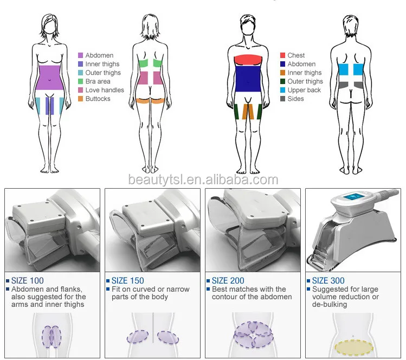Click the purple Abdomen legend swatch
[x=80, y=55]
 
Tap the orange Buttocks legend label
[x=98, y=99]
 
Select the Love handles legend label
[x=105, y=90]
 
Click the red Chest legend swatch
[x=282, y=55]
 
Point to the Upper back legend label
[x=304, y=90]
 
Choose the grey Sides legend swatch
[x=282, y=99]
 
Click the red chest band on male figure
[x=249, y=60]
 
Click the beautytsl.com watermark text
[x=203, y=179]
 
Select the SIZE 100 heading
[x=28, y=281]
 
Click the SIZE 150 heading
[x=128, y=281]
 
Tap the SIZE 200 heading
[x=228, y=281]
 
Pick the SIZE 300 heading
[x=328, y=281]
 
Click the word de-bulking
[x=331, y=305]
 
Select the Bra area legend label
[x=98, y=81]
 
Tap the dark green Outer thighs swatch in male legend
[x=282, y=81]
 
